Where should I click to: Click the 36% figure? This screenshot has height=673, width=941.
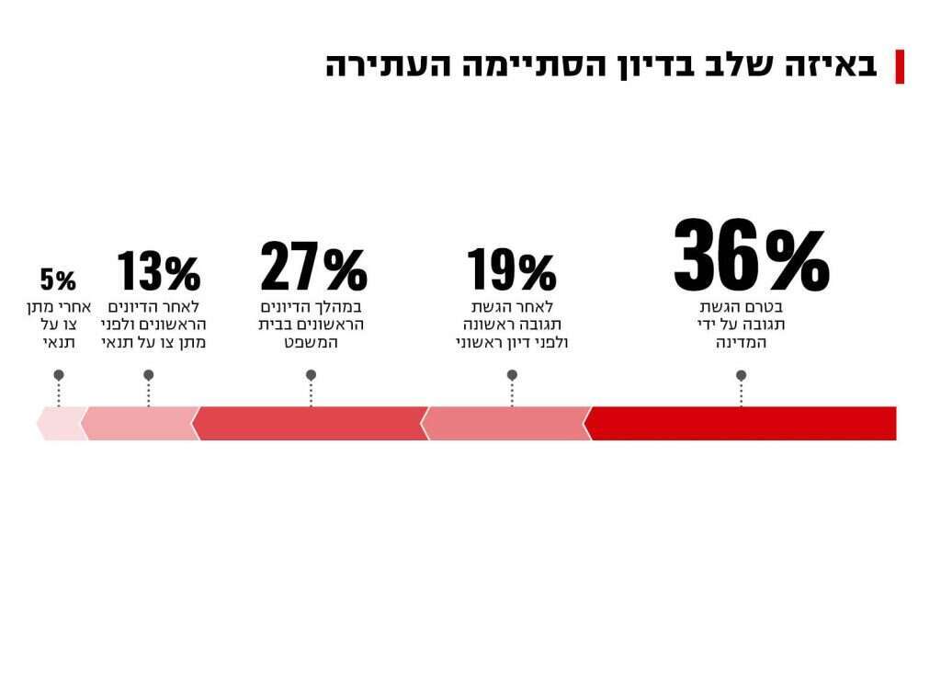pyautogui.click(x=751, y=256)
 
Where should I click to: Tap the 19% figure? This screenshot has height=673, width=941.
pyautogui.click(x=512, y=270)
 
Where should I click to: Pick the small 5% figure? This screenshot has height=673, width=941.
pyautogui.click(x=58, y=279)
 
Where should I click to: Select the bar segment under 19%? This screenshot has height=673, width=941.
pyautogui.click(x=505, y=423)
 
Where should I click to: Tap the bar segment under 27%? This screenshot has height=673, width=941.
pyautogui.click(x=311, y=423)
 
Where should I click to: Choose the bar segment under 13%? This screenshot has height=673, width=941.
pyautogui.click(x=140, y=423)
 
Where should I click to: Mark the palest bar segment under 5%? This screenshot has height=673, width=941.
pyautogui.click(x=62, y=423)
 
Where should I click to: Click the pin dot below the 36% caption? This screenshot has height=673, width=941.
pyautogui.click(x=742, y=375)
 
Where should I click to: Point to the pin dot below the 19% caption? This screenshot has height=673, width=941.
pyautogui.click(x=512, y=375)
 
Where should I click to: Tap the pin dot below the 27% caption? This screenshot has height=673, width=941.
pyautogui.click(x=311, y=375)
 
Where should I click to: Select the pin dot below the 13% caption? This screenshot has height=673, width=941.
pyautogui.click(x=149, y=375)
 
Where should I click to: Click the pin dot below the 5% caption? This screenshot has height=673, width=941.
pyautogui.click(x=59, y=375)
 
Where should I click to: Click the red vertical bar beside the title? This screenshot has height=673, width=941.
pyautogui.click(x=900, y=66)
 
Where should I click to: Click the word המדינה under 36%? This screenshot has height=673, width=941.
pyautogui.click(x=742, y=343)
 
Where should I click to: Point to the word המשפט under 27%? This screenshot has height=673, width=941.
pyautogui.click(x=312, y=343)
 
